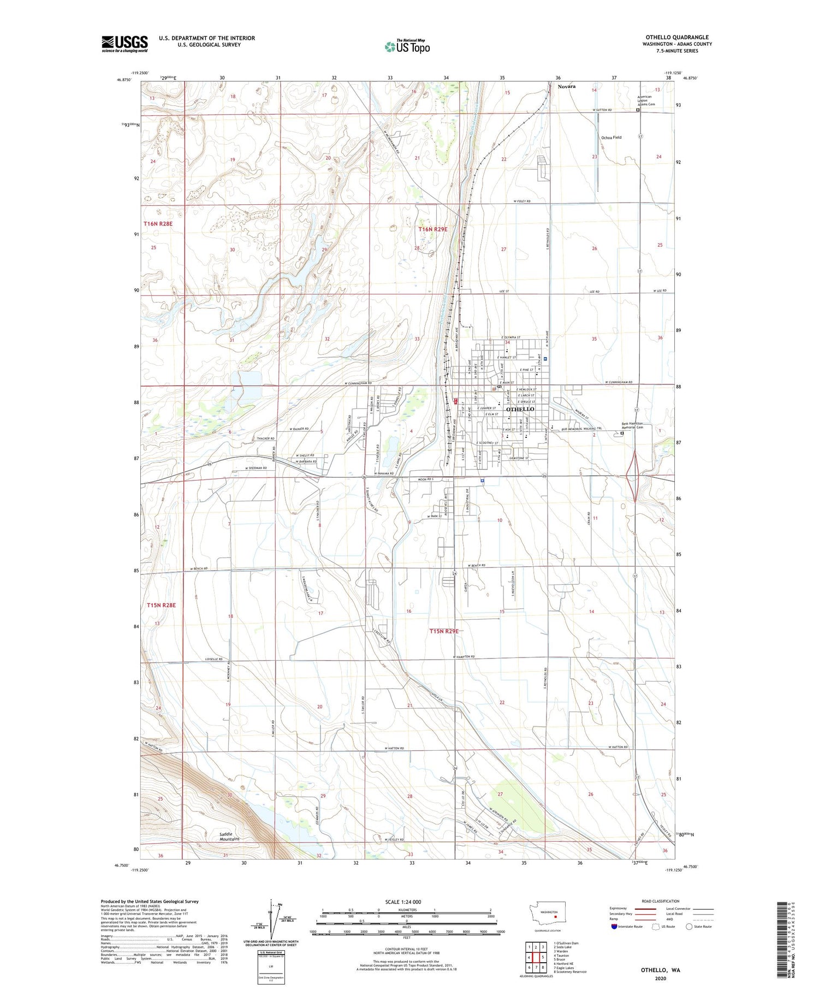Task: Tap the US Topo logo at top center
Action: tap(407, 46)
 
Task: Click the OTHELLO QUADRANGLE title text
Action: tap(677, 37)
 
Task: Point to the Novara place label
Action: tap(566, 86)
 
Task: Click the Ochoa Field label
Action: tap(611, 137)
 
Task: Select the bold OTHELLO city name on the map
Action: tap(520, 409)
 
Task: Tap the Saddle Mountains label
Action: tap(229, 836)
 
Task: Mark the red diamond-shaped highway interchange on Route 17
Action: tap(636, 479)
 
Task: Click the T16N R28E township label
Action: tap(158, 224)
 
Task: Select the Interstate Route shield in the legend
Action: tap(614, 927)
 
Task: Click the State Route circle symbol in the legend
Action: tap(689, 927)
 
